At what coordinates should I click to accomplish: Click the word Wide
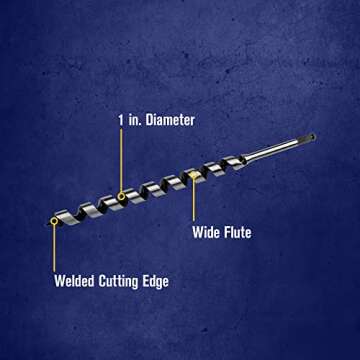[206, 233]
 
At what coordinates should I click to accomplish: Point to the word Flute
[237, 233]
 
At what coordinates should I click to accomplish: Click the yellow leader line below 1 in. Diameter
[122, 160]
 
